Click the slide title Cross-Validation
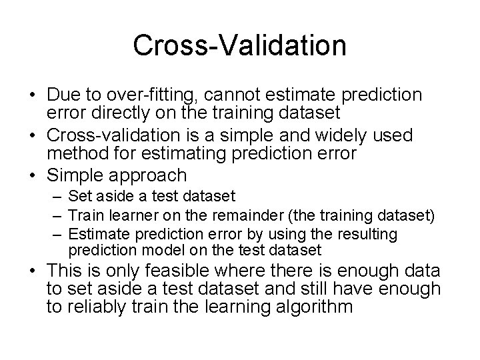[x=239, y=45]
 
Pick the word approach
[x=148, y=177]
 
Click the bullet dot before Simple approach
[x=33, y=176]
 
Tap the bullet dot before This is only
[x=33, y=271]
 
